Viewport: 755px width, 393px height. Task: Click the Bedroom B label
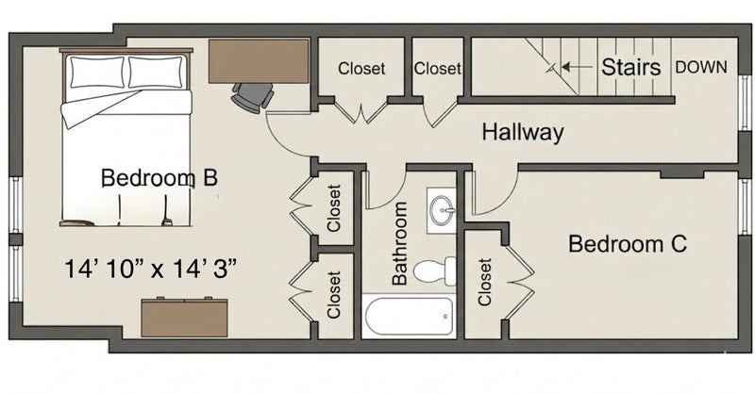159,177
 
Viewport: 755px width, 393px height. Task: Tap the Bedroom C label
628,243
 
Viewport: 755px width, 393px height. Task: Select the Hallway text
523,132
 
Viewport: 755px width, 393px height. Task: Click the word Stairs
630,67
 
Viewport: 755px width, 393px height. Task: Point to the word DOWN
701,67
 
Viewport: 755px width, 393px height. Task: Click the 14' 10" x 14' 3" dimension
150,269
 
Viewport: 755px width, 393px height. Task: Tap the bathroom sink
442,210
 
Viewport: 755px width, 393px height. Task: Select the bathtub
410,316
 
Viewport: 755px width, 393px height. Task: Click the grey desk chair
252,98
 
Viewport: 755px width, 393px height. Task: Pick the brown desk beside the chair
259,61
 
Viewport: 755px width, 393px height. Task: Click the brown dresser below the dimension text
184,317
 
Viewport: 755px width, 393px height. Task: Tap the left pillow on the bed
97,73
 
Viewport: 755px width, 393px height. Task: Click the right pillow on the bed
156,73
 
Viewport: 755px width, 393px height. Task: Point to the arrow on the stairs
578,67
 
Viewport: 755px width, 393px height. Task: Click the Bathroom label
399,243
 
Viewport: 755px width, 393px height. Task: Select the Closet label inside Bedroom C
485,282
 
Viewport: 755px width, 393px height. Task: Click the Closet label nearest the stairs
438,68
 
